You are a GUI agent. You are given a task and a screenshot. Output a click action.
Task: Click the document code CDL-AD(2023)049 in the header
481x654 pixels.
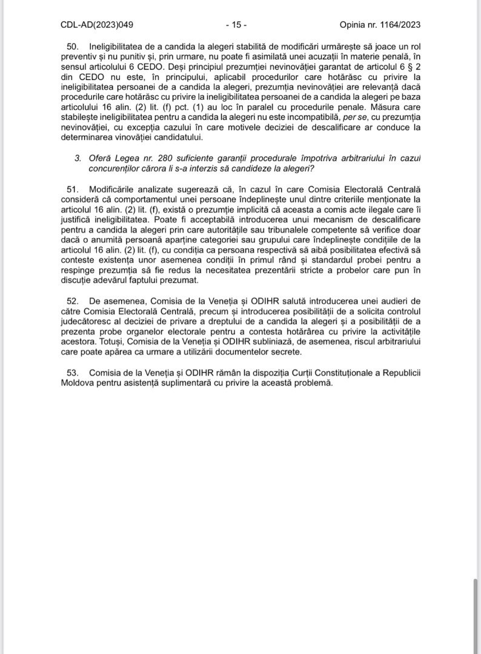click(x=97, y=25)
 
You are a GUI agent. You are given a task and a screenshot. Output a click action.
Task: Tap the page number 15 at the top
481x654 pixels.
click(x=236, y=25)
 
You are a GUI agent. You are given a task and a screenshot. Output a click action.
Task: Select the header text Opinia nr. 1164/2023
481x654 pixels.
click(x=380, y=25)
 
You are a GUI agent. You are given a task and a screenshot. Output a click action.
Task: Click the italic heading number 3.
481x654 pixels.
click(x=78, y=157)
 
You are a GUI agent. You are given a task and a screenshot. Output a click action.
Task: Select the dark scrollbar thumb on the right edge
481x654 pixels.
click(x=475, y=615)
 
